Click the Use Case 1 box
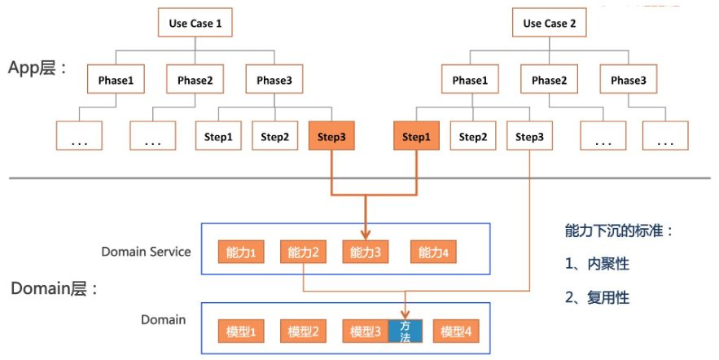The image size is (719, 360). [x=195, y=24]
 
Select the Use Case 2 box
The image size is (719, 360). [x=549, y=24]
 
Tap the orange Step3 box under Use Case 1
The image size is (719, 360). [x=331, y=137]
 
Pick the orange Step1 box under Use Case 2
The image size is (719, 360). [x=416, y=137]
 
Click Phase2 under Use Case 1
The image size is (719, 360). [x=195, y=81]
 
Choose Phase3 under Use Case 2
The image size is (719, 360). [x=628, y=81]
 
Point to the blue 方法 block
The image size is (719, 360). [x=405, y=331]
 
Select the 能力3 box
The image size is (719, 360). [x=366, y=252]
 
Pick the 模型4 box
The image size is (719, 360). [x=456, y=331]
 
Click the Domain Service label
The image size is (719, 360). [x=146, y=251]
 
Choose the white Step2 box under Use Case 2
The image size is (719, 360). [x=472, y=137]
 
